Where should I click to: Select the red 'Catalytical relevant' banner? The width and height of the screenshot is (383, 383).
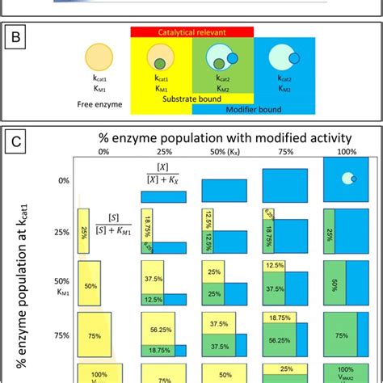(x=192, y=30)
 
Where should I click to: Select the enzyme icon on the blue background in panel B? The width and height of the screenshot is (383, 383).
(x=284, y=59)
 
